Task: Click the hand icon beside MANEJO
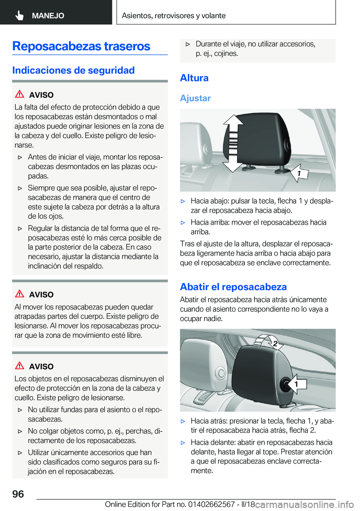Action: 19,15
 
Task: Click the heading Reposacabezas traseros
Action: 81,46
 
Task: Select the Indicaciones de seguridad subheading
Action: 73,70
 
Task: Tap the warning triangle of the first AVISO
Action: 19,94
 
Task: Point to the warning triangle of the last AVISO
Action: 19,366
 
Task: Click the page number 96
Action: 18,494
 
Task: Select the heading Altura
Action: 194,78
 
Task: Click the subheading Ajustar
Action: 195,98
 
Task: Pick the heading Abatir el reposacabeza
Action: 233,287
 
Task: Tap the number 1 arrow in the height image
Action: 300,173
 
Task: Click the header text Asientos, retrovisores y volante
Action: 174,16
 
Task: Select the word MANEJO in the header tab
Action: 48,16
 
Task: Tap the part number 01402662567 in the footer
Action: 211,504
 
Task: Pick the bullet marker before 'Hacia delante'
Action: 183,443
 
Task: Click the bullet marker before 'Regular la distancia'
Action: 20,228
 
